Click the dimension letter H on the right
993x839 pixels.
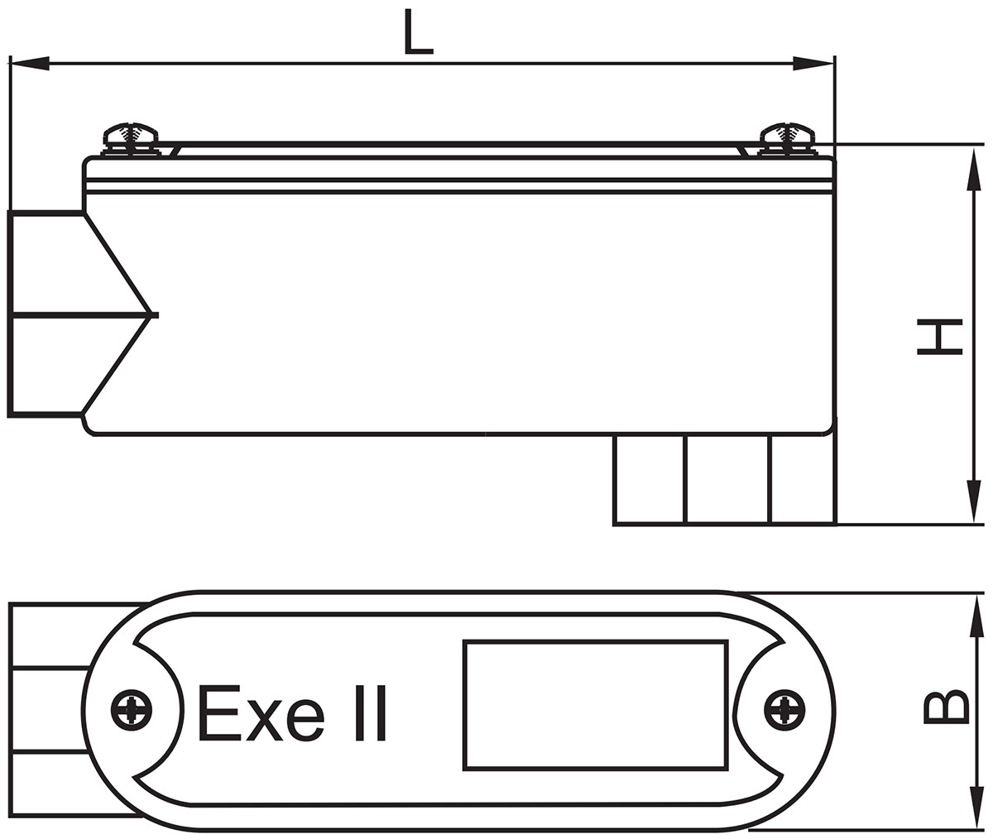coord(939,336)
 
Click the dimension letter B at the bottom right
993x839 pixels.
coord(944,707)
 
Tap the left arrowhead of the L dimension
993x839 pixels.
coord(30,64)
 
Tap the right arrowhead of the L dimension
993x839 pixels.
coord(813,64)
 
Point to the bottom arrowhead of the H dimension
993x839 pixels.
coord(976,501)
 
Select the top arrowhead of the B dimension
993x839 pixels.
coord(977,616)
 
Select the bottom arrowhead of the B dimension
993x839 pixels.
coord(977,807)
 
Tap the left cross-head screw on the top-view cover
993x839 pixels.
coord(132,710)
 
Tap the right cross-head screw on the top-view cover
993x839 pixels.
coord(783,710)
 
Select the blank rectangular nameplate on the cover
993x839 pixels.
coord(595,705)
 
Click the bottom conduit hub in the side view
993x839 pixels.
coord(724,479)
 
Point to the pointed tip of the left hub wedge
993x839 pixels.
coord(154,314)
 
